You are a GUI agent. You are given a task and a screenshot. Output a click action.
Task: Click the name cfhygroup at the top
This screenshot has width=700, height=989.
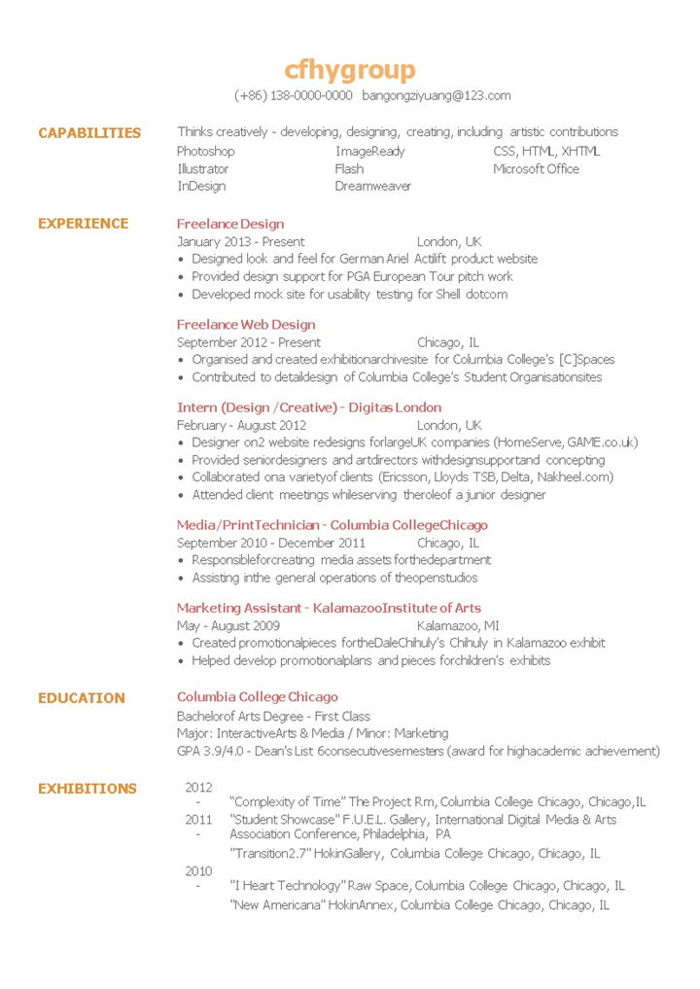(350, 70)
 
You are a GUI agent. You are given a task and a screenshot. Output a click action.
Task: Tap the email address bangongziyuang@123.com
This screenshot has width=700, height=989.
(437, 95)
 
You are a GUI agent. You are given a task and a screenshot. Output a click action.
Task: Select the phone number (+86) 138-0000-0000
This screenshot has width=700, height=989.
(294, 95)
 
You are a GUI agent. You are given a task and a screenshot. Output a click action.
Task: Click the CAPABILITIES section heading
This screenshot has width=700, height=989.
(89, 133)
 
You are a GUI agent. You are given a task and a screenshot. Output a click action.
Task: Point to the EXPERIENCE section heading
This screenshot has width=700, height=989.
(83, 224)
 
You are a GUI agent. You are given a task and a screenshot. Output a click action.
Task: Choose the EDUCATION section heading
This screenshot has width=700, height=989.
(82, 698)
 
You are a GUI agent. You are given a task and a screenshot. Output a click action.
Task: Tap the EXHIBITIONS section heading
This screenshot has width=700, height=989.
(87, 789)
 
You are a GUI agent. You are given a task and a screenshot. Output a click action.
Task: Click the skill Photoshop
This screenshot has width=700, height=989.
(206, 152)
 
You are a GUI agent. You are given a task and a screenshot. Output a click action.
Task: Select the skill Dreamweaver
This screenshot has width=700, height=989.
(373, 186)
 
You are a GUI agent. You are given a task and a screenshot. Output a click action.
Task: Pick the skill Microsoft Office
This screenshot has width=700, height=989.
(536, 169)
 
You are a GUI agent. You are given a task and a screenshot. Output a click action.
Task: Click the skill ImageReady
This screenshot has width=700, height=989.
(370, 152)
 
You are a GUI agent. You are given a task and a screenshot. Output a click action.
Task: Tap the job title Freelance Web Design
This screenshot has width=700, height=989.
(246, 325)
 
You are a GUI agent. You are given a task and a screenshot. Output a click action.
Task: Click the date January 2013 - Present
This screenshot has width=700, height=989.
(240, 241)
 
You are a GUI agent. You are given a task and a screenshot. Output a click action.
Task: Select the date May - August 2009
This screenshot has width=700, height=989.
(228, 625)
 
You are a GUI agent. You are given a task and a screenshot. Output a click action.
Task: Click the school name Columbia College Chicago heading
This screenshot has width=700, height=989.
(258, 697)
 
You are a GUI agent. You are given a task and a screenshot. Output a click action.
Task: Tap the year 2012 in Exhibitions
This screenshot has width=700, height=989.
(198, 787)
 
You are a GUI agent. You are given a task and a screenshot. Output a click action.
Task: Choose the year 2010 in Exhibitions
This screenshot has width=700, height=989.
(198, 871)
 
